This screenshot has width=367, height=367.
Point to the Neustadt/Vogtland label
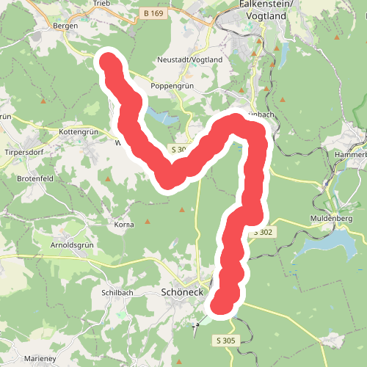click(189, 59)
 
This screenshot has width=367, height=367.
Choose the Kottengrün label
click(78, 132)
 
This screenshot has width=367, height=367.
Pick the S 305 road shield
click(226, 341)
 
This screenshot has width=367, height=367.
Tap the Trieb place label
click(101, 4)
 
